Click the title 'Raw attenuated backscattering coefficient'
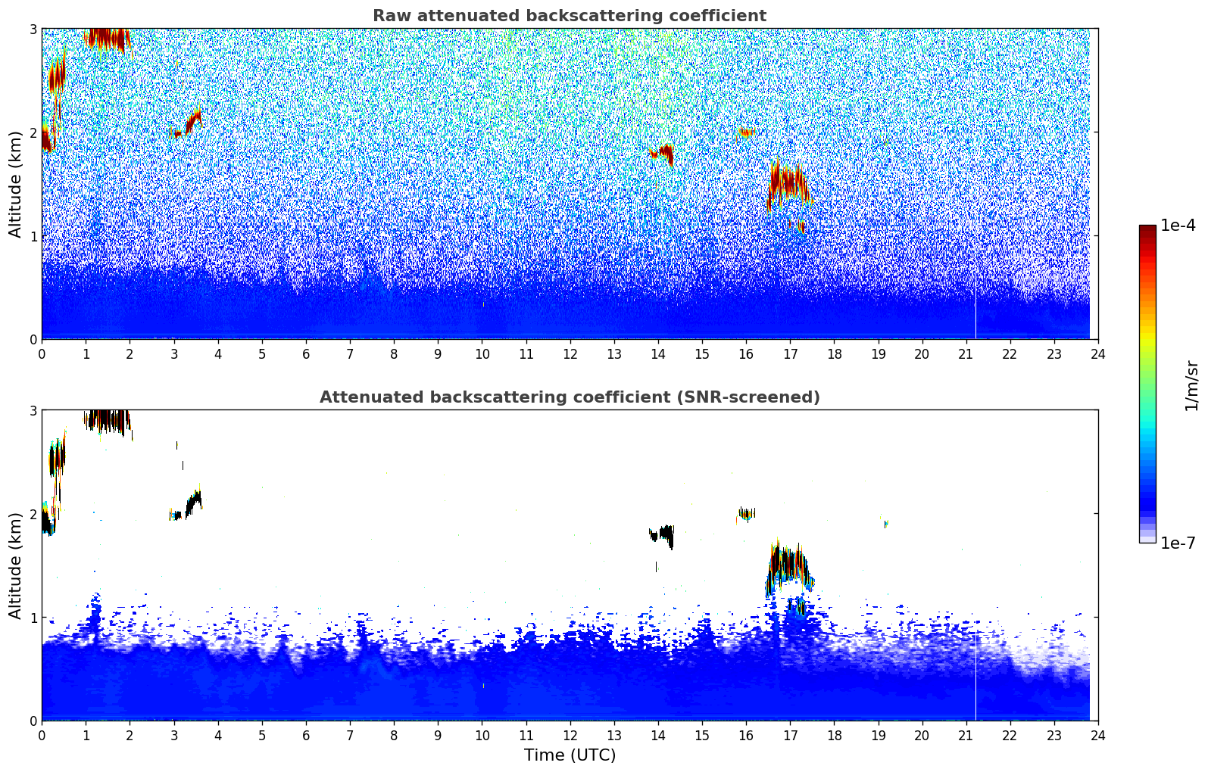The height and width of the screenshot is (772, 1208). click(570, 16)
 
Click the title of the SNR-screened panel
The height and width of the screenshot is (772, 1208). click(570, 397)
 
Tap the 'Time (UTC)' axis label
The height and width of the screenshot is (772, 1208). click(570, 755)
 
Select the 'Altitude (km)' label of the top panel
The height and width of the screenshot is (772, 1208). click(15, 185)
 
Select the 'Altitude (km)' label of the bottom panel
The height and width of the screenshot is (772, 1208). click(15, 566)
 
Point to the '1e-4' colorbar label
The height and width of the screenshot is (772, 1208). click(1178, 226)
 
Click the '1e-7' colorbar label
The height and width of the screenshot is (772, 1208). click(1178, 543)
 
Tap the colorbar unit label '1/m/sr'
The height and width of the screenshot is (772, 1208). click(1191, 387)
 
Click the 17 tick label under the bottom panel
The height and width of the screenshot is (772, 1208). click(790, 736)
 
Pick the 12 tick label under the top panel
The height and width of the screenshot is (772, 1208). click(570, 354)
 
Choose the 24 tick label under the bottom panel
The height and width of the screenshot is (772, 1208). click(1098, 736)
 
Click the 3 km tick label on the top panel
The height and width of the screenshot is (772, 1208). click(33, 29)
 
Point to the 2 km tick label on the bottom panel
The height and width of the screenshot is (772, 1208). click(33, 515)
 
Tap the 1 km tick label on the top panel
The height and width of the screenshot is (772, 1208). click(33, 236)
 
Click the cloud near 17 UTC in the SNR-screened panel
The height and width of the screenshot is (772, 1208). click(789, 566)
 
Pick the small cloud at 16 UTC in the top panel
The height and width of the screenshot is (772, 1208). click(746, 132)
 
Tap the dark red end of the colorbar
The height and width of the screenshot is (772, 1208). click(1147, 229)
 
